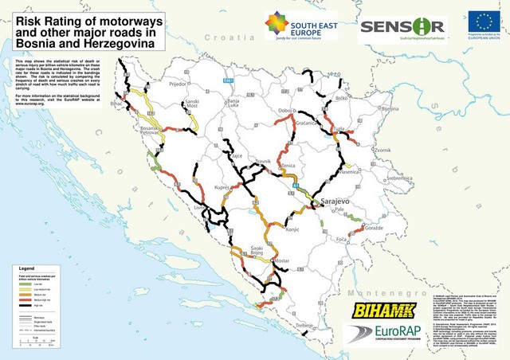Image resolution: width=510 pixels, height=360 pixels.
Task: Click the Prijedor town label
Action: (x=177, y=83)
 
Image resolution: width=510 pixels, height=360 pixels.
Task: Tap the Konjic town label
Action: (x=285, y=229)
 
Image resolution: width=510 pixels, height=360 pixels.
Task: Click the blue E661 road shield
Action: (x=228, y=80)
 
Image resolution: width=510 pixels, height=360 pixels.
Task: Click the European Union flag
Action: (x=484, y=22)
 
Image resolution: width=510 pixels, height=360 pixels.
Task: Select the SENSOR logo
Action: (x=402, y=27)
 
